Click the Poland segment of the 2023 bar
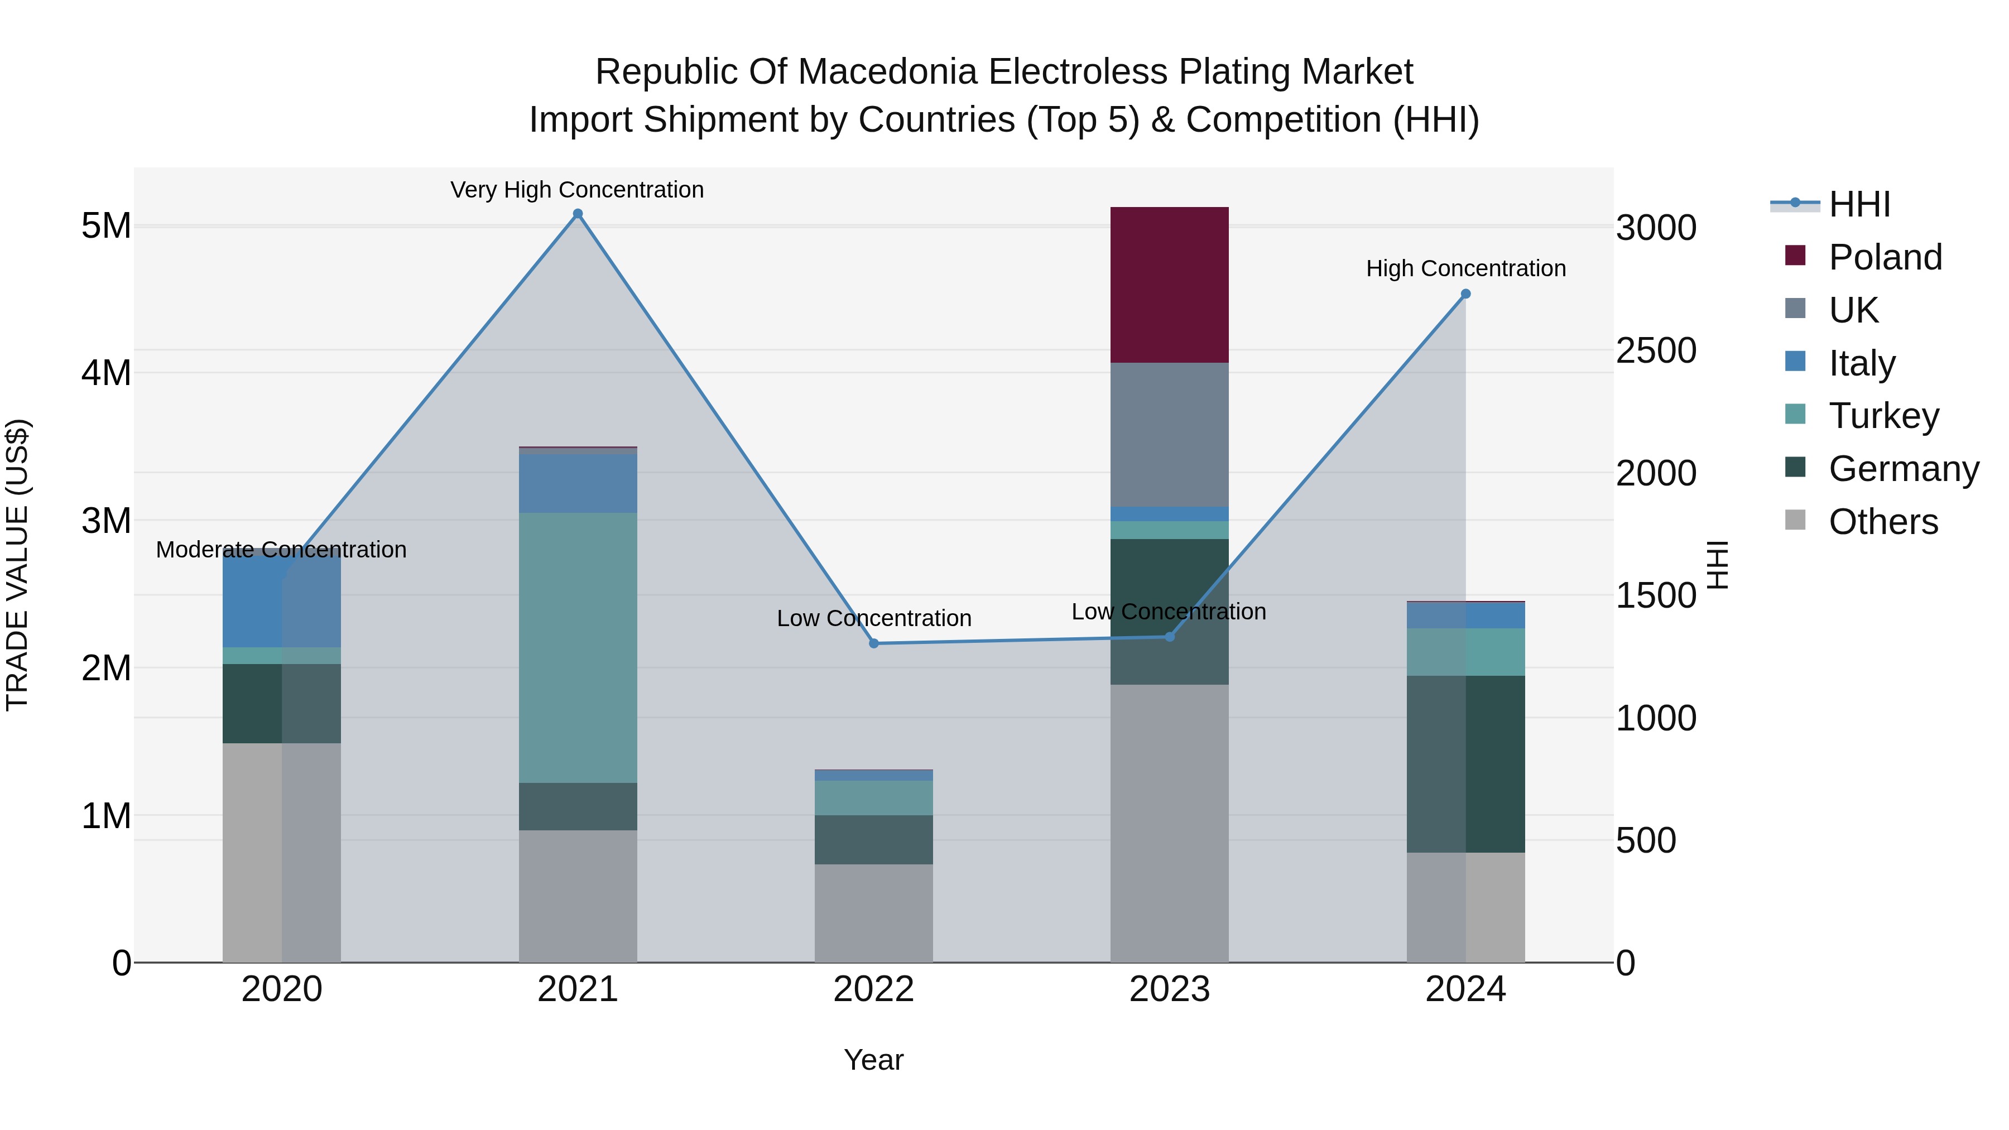point(1169,285)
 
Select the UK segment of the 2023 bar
point(1169,434)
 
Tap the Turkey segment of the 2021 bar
point(578,647)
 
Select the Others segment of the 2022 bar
point(873,912)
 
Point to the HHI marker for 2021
point(578,214)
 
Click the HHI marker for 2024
point(1465,294)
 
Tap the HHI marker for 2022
point(873,643)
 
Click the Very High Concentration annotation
point(577,190)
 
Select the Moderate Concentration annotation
point(282,550)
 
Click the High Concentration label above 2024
point(1465,268)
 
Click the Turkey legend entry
point(1883,416)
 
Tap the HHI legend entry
point(1859,204)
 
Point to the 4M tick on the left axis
point(106,373)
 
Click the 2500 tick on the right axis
point(1656,351)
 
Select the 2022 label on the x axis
point(873,989)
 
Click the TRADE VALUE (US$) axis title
point(17,565)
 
